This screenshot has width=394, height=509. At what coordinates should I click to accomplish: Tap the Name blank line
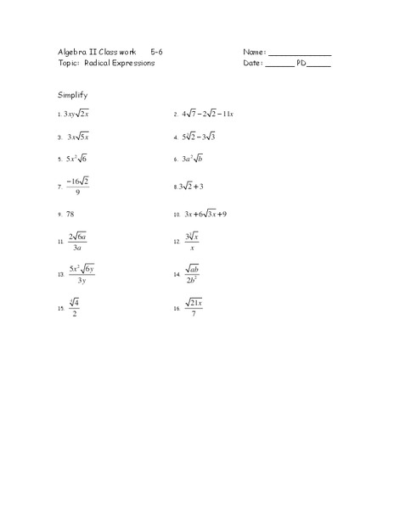point(300,54)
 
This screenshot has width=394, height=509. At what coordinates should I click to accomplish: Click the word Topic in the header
point(69,64)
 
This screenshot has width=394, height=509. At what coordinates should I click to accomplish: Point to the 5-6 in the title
point(156,52)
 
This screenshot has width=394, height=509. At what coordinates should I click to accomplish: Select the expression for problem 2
point(209,113)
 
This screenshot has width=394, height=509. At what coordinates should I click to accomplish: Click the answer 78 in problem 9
point(70,214)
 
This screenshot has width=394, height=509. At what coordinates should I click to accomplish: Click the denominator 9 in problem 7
point(77,192)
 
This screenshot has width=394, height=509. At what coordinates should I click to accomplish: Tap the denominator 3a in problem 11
point(77,248)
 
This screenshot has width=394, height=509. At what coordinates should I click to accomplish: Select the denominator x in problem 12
point(192,248)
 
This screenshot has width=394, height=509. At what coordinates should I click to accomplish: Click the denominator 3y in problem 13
point(82,281)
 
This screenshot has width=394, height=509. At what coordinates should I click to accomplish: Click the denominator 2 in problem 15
point(76,315)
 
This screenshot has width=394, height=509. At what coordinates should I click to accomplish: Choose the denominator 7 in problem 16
point(194,315)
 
